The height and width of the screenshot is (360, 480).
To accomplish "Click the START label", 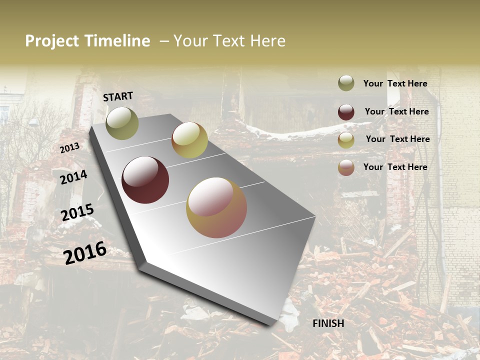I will tap(118, 96).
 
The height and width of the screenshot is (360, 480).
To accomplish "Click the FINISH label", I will tap(328, 323).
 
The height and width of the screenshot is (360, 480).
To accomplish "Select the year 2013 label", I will tap(69, 148).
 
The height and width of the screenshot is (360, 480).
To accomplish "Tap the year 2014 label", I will tap(73, 177).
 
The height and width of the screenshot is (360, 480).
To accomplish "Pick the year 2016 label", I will tap(85, 252).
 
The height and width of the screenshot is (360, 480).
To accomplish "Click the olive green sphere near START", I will tap(122, 123).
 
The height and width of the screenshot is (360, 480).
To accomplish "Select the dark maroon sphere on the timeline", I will tap(145, 180).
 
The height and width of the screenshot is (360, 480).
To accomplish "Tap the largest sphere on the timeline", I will tap(216, 207).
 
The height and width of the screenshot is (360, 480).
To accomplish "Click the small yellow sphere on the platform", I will tap(189, 140).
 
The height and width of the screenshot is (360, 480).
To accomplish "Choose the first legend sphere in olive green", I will tap(346, 83).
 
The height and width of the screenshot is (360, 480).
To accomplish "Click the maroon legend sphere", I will tap(346, 112).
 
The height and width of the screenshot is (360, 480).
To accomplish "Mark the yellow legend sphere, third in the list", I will tap(346, 140).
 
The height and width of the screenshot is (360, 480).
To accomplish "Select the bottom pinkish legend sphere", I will tap(346, 167).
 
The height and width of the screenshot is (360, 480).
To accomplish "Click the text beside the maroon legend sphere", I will tap(396, 111).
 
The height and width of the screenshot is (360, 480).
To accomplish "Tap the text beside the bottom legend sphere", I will tap(395, 167).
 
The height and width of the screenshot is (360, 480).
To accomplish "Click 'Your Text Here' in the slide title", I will tap(229, 41).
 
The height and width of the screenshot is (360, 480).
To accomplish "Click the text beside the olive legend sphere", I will tap(395, 83).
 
